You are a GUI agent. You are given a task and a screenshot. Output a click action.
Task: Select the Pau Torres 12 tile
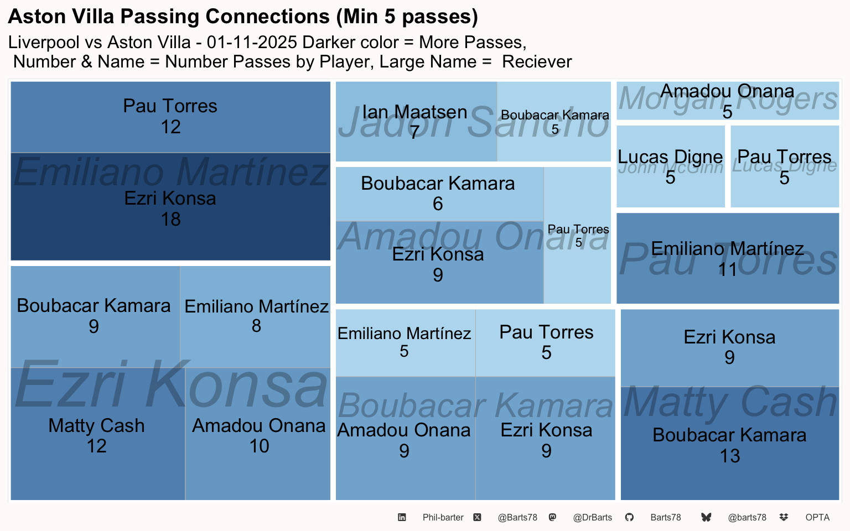pyautogui.click(x=170, y=117)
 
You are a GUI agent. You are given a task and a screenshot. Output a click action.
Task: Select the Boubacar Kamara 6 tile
pyautogui.click(x=438, y=194)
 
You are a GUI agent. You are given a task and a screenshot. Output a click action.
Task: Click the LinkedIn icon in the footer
pyautogui.click(x=402, y=517)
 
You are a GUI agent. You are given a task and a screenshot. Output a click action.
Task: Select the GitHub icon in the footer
pyautogui.click(x=629, y=517)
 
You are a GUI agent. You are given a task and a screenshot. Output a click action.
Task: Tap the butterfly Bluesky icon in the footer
pyautogui.click(x=706, y=517)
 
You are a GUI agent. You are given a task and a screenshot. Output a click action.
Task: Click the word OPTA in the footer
pyautogui.click(x=817, y=518)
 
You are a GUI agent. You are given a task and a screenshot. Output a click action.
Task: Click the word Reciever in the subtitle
pyautogui.click(x=536, y=62)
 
